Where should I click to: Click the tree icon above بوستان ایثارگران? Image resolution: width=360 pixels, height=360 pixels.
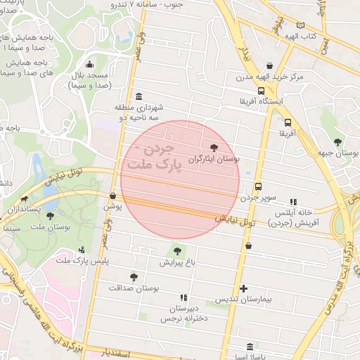click(214, 148)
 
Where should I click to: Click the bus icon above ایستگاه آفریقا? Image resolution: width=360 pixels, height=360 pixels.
click(262, 90)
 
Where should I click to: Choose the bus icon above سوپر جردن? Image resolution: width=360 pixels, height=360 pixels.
click(259, 187)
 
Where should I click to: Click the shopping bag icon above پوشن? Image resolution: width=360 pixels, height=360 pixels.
click(113, 196)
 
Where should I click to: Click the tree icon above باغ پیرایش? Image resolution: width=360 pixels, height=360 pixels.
click(176, 251)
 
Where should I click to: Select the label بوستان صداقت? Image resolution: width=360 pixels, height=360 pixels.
click(135, 288)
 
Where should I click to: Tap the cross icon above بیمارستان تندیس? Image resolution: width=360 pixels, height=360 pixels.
click(244, 288)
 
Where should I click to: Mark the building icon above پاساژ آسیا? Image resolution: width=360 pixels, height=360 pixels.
click(251, 346)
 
